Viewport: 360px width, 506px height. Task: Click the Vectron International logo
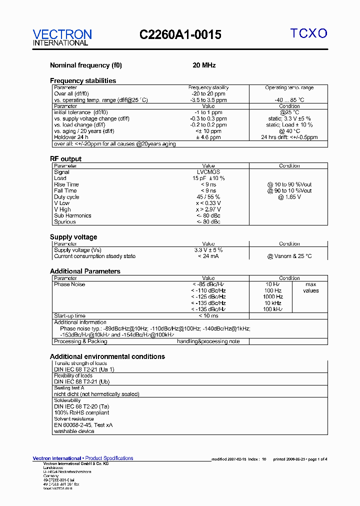click(62, 37)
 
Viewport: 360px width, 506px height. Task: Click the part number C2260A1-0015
click(180, 34)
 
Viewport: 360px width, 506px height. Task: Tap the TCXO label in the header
click(309, 33)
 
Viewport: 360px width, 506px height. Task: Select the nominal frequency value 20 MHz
click(204, 65)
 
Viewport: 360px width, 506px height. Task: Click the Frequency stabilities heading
click(83, 80)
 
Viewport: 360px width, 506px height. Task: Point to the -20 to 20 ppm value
click(208, 93)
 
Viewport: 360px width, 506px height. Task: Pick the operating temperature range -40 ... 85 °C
click(289, 100)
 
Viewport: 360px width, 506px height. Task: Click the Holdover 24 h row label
click(71, 137)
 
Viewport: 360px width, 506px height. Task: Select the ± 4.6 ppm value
click(208, 137)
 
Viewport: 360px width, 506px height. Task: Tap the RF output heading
click(65, 159)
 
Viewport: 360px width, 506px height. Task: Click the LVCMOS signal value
click(208, 172)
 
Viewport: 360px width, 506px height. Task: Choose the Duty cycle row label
click(66, 197)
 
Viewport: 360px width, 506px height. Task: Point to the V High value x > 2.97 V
click(208, 209)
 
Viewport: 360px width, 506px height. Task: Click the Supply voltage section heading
click(73, 237)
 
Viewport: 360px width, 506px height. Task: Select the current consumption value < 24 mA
click(208, 256)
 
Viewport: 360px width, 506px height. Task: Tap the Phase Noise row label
click(69, 284)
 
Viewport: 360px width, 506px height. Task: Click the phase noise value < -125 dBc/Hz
click(208, 297)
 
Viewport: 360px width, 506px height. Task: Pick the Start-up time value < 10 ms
click(208, 316)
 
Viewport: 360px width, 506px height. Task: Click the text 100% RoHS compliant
click(81, 413)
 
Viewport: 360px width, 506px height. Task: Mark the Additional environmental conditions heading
click(107, 356)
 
